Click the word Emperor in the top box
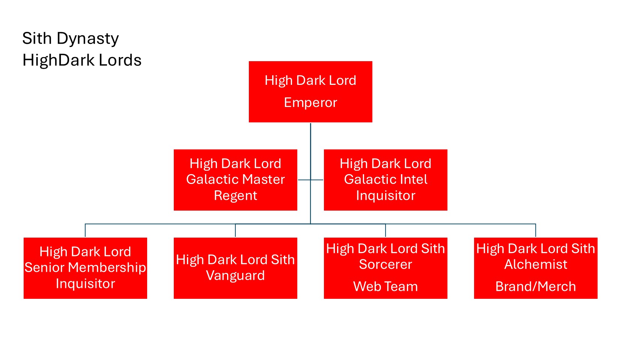tap(310, 102)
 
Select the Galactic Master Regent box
tap(235, 180)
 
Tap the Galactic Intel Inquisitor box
tap(386, 180)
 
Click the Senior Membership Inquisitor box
tap(85, 268)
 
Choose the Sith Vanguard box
tap(235, 268)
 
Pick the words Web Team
tap(386, 286)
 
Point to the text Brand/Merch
tap(536, 286)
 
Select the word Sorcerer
tap(386, 265)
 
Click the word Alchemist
tap(536, 265)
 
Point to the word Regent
tap(235, 196)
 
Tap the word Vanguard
tap(235, 276)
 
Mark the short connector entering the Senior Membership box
tap(85, 230)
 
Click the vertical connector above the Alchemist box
tap(536, 230)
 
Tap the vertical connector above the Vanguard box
tap(235, 230)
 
